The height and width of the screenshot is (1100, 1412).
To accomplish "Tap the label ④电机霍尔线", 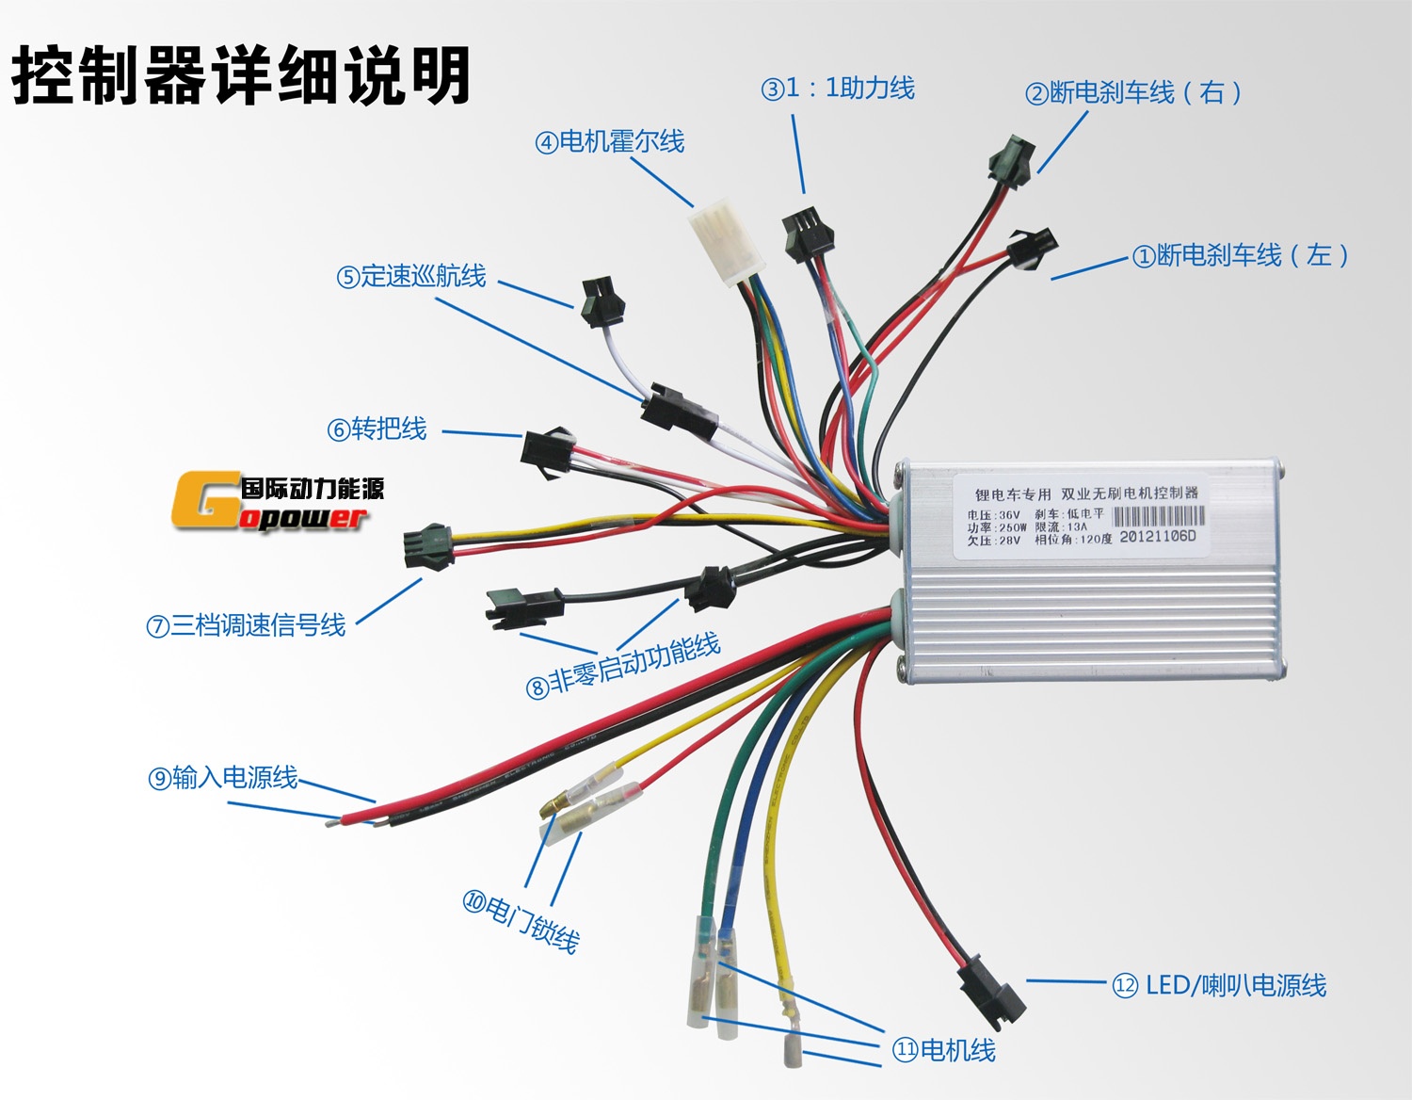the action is coord(610,142).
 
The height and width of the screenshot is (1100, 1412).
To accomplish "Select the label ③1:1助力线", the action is coord(838,89).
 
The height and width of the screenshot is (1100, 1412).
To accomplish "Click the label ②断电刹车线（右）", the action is coord(1133,92).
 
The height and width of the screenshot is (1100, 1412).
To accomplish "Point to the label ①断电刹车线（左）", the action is coord(1241,255).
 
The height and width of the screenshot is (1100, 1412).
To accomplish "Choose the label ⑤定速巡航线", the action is coord(411,276).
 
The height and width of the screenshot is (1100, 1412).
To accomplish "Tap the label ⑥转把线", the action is coord(377,429).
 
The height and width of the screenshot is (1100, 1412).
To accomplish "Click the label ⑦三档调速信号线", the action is coord(246,625).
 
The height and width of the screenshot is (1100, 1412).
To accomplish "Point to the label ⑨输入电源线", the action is coord(223,778).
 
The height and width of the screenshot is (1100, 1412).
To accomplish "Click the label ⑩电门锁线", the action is coord(521,920).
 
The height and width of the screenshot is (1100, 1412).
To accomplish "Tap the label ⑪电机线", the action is coord(943,1050).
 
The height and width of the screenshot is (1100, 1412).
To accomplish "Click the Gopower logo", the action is coord(279,503).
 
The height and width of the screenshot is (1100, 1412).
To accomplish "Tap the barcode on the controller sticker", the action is coord(1158,516).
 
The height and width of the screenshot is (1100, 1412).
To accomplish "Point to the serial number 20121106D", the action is coord(1157,537).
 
